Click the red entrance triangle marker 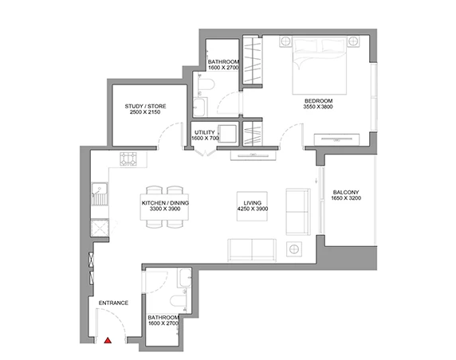[x=108, y=340]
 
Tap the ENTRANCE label [x=113, y=303]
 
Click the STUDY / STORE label [x=145, y=106]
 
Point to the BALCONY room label [x=346, y=192]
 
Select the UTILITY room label [x=205, y=132]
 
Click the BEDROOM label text [x=318, y=100]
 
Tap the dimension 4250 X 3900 [x=253, y=209]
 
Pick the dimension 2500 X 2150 [x=145, y=112]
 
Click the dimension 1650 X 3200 [x=346, y=198]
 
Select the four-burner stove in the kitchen [x=128, y=159]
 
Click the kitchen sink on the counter [x=100, y=194]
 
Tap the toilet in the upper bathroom [x=206, y=84]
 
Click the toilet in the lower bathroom [x=179, y=301]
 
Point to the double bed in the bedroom [x=320, y=65]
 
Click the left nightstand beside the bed [x=285, y=41]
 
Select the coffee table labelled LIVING [x=252, y=206]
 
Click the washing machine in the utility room [x=227, y=134]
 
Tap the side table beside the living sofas [x=293, y=249]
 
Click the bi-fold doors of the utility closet [x=205, y=153]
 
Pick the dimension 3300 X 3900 [x=165, y=209]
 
